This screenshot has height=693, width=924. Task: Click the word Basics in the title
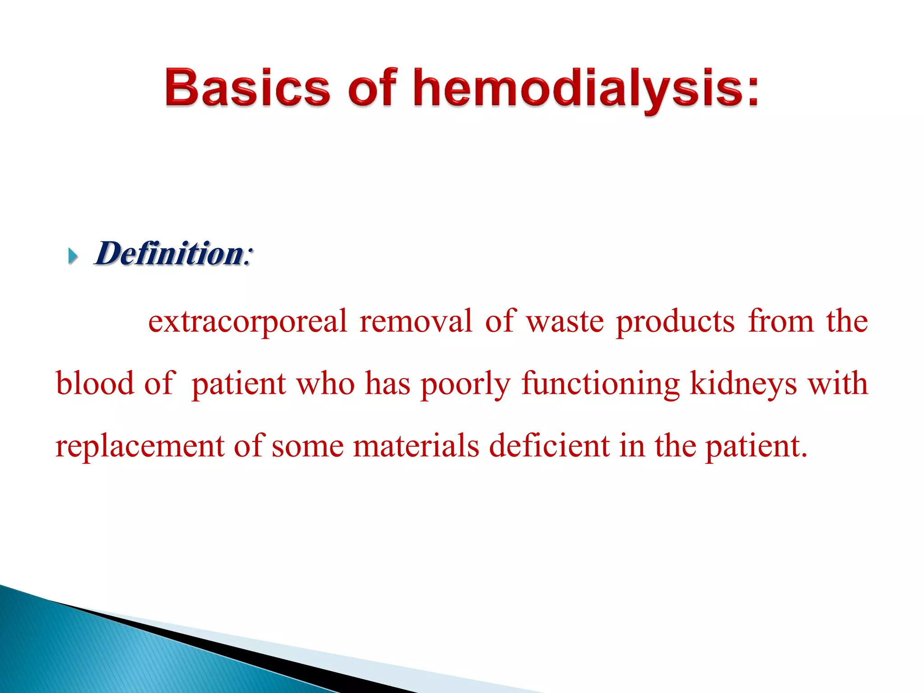tap(247, 88)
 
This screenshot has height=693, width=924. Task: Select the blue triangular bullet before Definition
tap(73, 256)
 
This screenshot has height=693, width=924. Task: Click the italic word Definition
tap(169, 254)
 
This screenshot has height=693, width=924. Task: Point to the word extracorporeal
tap(248, 322)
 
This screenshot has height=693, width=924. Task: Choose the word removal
tap(416, 321)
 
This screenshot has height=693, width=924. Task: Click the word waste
tap(565, 322)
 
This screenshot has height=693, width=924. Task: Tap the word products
tap(675, 322)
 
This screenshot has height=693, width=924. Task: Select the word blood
tap(95, 383)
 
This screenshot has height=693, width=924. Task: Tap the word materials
tap(416, 446)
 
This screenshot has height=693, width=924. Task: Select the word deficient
tap(549, 446)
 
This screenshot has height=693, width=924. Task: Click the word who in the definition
tap(325, 383)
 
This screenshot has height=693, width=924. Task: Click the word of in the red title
tap(373, 88)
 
